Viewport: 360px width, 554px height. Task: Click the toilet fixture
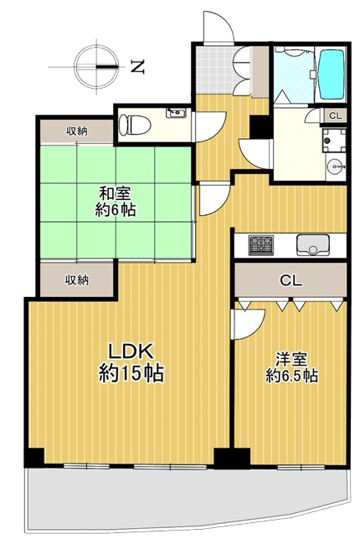(x=135, y=125)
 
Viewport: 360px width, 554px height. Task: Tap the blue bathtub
(x=331, y=74)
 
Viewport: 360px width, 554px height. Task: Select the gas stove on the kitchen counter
(x=261, y=245)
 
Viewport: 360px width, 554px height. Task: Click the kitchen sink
(x=313, y=244)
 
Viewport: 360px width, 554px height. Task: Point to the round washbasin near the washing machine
(x=335, y=166)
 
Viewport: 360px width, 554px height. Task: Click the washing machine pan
(x=334, y=140)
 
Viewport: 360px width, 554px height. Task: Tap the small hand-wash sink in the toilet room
(x=176, y=113)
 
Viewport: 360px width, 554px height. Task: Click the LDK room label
(x=131, y=351)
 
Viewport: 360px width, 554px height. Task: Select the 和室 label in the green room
(x=115, y=194)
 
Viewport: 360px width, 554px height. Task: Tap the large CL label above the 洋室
(x=291, y=281)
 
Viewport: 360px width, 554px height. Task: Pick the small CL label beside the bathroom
(x=336, y=115)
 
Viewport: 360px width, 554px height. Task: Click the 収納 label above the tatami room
(x=77, y=131)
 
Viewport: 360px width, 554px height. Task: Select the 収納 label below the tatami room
(x=76, y=280)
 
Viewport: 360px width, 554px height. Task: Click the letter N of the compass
(x=137, y=67)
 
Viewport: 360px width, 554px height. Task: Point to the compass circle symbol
(x=96, y=67)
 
